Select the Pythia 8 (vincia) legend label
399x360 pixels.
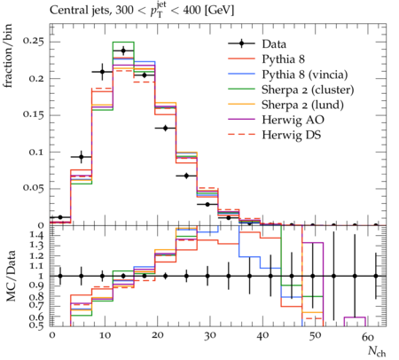pyautogui.click(x=305, y=74)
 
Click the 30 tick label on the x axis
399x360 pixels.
pyautogui.click(x=210, y=336)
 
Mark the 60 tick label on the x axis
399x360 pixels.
pyautogui.click(x=368, y=336)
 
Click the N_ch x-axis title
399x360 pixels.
pyautogui.click(x=377, y=351)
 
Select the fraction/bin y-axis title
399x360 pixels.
pyautogui.click(x=8, y=56)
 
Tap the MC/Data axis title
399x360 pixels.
pyautogui.click(x=11, y=276)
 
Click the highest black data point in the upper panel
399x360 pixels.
pyautogui.click(x=123, y=51)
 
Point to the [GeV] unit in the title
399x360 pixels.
pyautogui.click(x=219, y=11)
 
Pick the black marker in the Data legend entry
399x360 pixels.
pyautogui.click(x=241, y=43)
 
